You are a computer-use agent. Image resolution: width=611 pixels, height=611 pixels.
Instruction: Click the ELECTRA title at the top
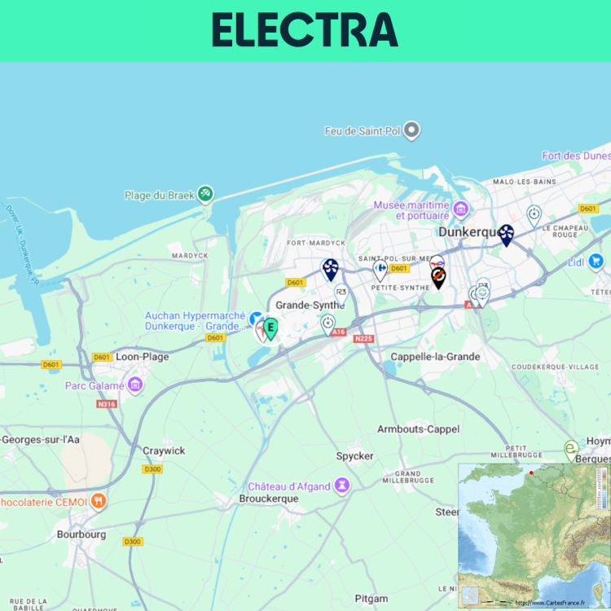point(305,31)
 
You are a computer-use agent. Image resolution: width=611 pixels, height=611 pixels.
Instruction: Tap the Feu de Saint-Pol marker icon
point(411,130)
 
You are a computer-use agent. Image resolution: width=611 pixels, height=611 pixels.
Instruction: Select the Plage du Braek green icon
point(205,193)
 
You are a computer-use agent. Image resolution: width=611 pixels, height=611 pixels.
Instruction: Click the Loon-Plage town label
point(143,356)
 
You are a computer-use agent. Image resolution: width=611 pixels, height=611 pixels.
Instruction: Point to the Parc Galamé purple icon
point(135,384)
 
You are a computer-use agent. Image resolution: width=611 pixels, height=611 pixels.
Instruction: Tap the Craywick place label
point(164,451)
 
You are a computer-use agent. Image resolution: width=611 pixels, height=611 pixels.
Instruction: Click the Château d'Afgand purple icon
point(343,486)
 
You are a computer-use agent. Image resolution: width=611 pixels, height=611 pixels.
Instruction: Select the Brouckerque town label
point(269,498)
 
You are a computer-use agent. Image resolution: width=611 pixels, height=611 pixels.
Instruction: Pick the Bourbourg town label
point(81,534)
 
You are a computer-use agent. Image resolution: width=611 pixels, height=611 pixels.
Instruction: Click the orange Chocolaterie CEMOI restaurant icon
point(99,501)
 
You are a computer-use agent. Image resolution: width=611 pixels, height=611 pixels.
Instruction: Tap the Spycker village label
point(354,455)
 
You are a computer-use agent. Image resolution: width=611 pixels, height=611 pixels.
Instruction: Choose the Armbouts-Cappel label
point(418,429)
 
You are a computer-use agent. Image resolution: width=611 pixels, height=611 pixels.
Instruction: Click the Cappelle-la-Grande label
point(435,357)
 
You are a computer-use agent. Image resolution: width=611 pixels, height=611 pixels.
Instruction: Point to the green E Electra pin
point(270,328)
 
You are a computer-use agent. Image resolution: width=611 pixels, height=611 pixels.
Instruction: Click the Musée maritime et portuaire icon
point(461,209)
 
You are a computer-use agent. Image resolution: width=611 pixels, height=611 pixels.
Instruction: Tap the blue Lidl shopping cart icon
point(596,262)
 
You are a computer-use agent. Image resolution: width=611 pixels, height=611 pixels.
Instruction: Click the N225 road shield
point(363,338)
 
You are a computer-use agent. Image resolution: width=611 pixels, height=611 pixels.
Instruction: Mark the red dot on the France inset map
point(531,473)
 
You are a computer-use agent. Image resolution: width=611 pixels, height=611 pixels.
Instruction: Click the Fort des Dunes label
point(576,156)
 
